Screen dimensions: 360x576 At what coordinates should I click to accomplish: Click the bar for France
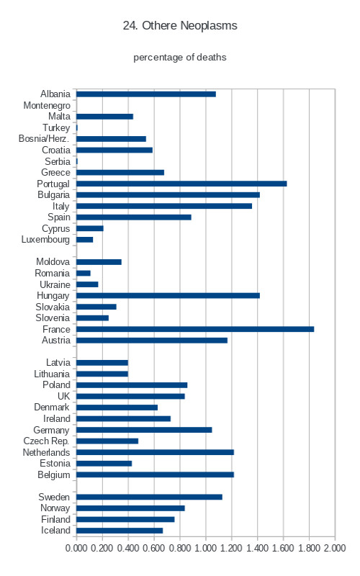[x=195, y=329]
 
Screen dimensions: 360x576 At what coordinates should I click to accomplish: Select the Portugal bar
[x=181, y=184]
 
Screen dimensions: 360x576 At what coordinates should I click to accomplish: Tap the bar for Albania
[x=146, y=94]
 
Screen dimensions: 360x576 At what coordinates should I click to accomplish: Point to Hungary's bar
[x=168, y=296]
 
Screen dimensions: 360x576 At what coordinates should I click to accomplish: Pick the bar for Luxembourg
[x=84, y=240]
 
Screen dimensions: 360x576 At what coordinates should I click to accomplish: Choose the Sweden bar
[x=149, y=497]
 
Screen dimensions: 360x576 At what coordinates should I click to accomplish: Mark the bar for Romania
[x=84, y=274]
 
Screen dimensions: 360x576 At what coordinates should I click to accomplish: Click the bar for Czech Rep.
[x=107, y=441]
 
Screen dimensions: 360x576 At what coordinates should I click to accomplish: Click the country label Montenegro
[x=47, y=105]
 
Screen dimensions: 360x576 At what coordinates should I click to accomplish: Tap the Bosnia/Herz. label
[x=44, y=139]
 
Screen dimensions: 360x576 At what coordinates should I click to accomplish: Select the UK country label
[x=63, y=396]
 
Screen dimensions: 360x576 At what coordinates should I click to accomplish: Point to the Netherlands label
[x=46, y=452]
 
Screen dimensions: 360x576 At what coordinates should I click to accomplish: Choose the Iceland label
[x=55, y=531]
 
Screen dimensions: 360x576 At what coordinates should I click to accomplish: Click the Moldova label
[x=53, y=261]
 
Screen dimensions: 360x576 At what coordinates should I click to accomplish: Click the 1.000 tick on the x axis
[x=205, y=548]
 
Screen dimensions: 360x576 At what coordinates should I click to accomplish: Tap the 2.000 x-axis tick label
[x=335, y=548]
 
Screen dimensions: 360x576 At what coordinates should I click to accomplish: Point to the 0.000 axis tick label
[x=76, y=548]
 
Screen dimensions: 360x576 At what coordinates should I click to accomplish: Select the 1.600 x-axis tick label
[x=283, y=548]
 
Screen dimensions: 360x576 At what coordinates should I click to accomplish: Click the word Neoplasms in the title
[x=209, y=26]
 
